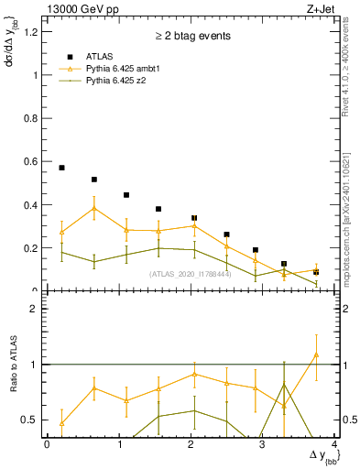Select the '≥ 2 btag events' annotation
click(193, 37)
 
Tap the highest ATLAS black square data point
click(61, 168)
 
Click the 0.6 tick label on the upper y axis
click(33, 162)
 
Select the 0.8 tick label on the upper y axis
click(33, 119)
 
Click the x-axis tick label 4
click(336, 444)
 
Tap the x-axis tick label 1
click(119, 444)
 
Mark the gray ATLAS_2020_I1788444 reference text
click(191, 274)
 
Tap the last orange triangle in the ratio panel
click(315, 354)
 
